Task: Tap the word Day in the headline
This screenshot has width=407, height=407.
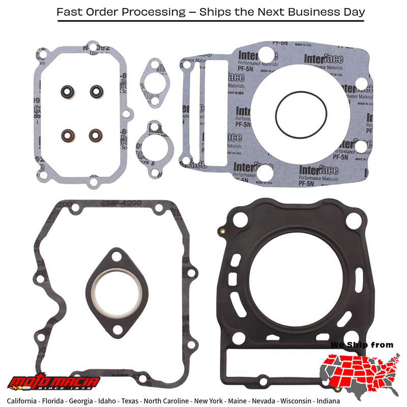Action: coord(354,11)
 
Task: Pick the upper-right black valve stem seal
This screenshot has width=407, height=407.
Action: coord(96,92)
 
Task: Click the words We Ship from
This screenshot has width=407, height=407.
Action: coord(362,345)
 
